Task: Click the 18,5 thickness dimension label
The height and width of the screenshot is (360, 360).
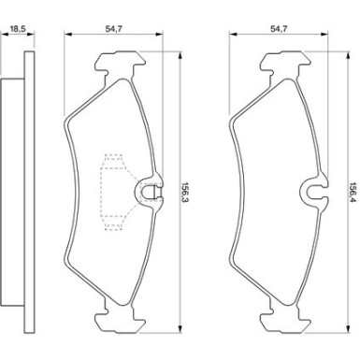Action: (x=18, y=29)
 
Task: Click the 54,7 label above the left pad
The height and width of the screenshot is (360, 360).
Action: (x=113, y=29)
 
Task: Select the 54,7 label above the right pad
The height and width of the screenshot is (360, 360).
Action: (x=279, y=29)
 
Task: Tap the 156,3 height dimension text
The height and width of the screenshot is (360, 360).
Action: (x=186, y=193)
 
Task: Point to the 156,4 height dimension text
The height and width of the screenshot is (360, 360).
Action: (x=353, y=193)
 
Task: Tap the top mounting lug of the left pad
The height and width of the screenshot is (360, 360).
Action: (x=119, y=62)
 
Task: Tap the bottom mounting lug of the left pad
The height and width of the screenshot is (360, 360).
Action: (x=119, y=321)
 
